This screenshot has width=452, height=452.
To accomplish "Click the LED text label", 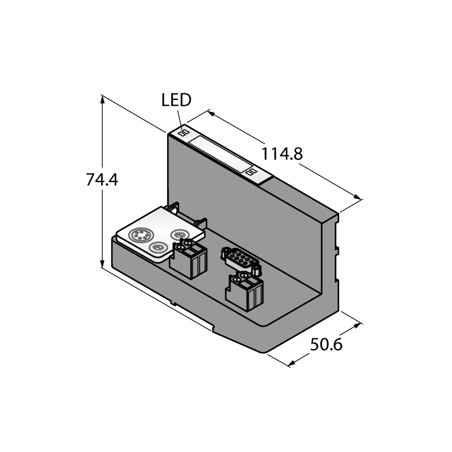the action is coord(176,100).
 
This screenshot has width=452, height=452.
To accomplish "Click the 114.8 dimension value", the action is coord(281,154).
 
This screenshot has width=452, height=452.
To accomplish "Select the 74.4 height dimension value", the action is coord(102,180).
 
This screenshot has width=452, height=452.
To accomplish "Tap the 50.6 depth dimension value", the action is coord(326,344).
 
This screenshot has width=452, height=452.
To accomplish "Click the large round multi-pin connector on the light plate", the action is coord(141,234).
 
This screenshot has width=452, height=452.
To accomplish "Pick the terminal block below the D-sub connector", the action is coord(245,291).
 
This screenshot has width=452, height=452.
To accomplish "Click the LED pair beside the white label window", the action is coord(251,172).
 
